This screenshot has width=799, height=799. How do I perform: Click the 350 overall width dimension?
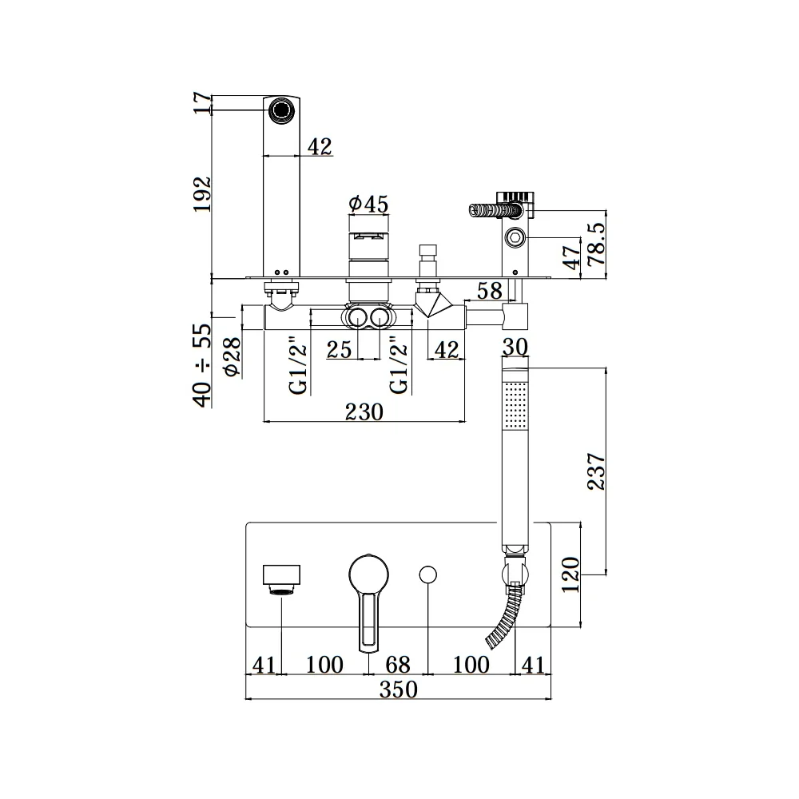[399, 690]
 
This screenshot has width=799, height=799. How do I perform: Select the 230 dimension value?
[364, 411]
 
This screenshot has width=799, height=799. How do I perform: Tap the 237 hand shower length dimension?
[596, 471]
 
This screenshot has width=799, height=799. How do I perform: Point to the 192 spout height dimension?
[202, 194]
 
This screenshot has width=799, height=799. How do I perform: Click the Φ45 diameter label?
[368, 204]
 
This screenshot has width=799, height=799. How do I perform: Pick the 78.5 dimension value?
[596, 244]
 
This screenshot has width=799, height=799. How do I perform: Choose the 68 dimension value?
[397, 665]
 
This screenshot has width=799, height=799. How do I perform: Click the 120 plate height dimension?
[570, 574]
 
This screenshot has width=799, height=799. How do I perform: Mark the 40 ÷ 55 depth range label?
[202, 365]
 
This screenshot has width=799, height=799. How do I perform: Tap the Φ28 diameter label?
[232, 356]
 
